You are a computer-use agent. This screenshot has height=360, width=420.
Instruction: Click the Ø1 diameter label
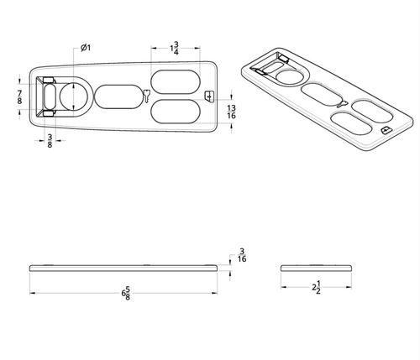pos(85,47)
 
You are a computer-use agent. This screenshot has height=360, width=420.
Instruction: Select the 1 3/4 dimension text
pos(173,47)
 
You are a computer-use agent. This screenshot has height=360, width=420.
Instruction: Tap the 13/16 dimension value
pos(231,112)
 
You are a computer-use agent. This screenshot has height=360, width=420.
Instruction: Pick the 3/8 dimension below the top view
pos(50,141)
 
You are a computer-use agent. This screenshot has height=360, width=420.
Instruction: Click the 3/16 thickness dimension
pos(242,255)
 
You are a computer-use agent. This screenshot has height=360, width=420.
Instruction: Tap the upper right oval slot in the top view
pos(176,81)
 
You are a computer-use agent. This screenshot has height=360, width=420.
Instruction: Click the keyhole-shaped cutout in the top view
pos(148,96)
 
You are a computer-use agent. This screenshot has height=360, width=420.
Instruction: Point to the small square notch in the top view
pos(209,96)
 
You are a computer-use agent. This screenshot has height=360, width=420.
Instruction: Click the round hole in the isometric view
pos(291,76)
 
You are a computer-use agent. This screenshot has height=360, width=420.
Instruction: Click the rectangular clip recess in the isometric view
pos(270,65)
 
